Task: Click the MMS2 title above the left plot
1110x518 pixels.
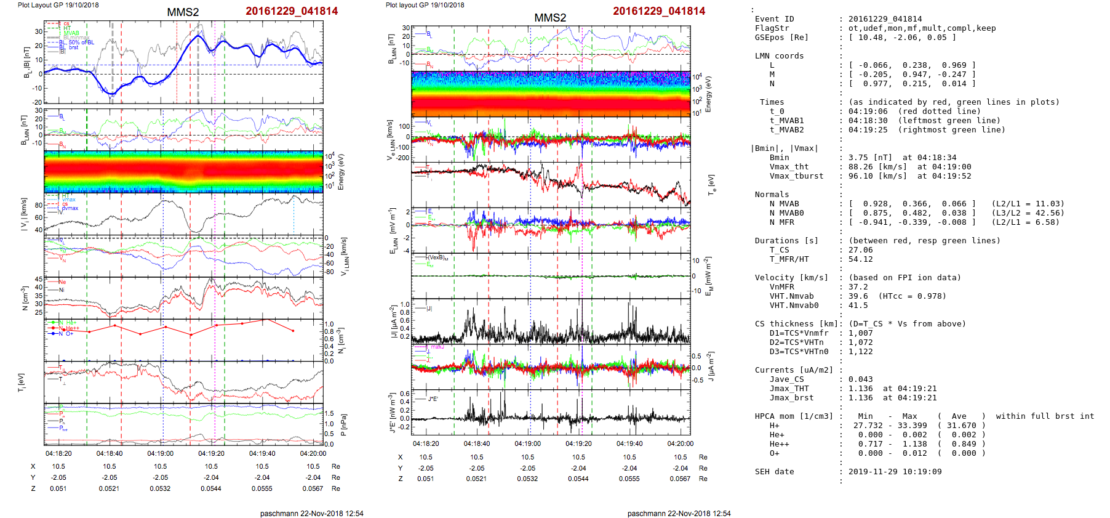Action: [183, 12]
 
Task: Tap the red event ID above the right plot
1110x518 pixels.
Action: [659, 11]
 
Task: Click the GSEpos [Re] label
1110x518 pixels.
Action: [781, 38]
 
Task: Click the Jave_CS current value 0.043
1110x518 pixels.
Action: [860, 379]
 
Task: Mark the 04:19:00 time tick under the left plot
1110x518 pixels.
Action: [160, 454]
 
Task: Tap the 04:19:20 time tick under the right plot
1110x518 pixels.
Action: [578, 443]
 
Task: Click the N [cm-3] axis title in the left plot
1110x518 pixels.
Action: [24, 298]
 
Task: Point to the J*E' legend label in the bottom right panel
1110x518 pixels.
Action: [433, 399]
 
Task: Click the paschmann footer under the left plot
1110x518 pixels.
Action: [311, 514]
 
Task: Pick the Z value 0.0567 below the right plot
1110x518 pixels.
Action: [680, 479]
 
